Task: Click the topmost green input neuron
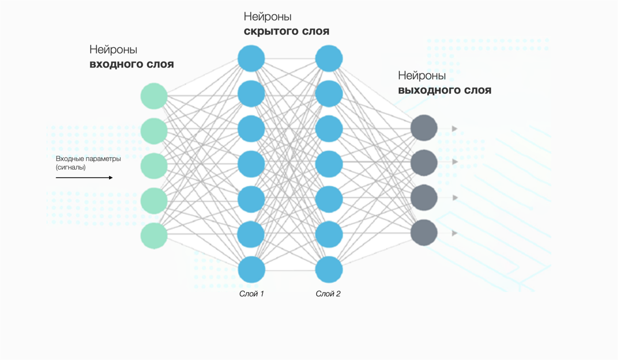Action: click(x=154, y=96)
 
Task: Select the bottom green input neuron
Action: click(x=154, y=235)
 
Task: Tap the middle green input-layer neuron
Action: click(x=154, y=166)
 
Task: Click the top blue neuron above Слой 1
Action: click(x=251, y=58)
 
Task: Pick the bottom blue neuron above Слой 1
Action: click(x=251, y=269)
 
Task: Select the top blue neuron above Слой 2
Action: click(x=329, y=58)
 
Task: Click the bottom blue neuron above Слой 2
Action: click(x=329, y=269)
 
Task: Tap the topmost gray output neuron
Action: click(x=424, y=128)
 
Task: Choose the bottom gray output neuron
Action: click(x=424, y=233)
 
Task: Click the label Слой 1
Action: click(x=252, y=293)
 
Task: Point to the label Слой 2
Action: click(x=328, y=293)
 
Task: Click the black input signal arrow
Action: click(x=84, y=178)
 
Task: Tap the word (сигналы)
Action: click(x=70, y=167)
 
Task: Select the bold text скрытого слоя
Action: click(x=286, y=31)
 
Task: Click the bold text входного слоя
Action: click(x=131, y=64)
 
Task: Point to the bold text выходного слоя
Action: click(x=445, y=90)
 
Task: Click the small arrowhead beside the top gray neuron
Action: click(x=454, y=128)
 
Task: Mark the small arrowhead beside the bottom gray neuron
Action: click(x=454, y=233)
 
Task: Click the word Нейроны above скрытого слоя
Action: click(x=267, y=17)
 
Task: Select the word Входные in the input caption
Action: click(x=69, y=158)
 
